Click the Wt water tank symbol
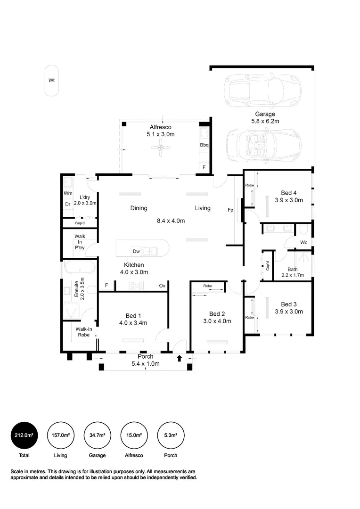point(52,81)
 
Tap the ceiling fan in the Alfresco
point(160,148)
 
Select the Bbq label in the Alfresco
point(204,145)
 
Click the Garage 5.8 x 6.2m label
point(265,117)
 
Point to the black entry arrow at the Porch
point(179,358)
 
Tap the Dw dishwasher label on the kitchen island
point(136,251)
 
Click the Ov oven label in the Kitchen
point(162,286)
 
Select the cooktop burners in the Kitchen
point(136,285)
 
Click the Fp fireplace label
point(230,210)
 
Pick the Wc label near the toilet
point(304,242)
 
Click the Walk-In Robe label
point(84,332)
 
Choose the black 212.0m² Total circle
point(24,435)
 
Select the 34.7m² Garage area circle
point(98,435)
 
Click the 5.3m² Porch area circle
point(171,435)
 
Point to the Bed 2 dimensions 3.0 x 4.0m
point(217,321)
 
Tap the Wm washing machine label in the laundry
point(68,193)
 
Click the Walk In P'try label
point(80,242)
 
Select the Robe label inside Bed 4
point(250,185)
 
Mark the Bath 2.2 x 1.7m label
point(293,272)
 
